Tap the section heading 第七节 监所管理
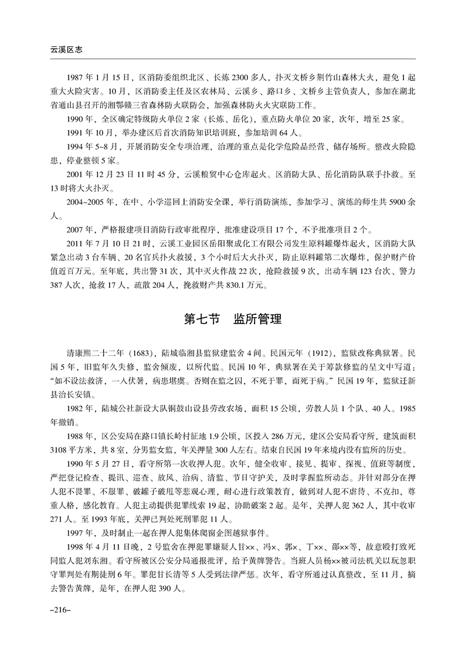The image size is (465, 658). click(x=233, y=320)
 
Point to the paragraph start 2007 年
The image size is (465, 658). click(x=80, y=230)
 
